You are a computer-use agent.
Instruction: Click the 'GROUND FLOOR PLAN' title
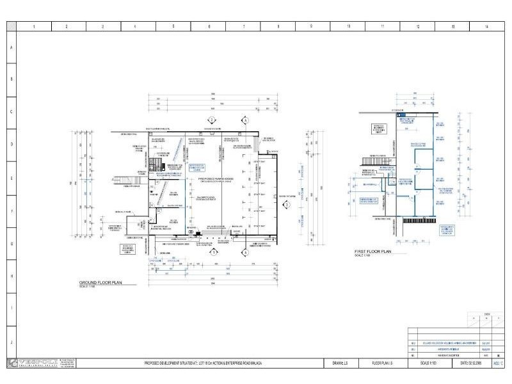(x=105, y=282)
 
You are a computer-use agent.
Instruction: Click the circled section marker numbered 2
(x=211, y=120)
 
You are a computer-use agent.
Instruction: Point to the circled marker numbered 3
(x=287, y=204)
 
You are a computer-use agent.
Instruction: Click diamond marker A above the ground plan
(x=244, y=120)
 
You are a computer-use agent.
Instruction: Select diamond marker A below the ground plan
(x=244, y=252)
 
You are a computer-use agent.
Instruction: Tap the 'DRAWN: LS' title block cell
(x=340, y=364)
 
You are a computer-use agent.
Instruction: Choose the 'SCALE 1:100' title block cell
(x=428, y=364)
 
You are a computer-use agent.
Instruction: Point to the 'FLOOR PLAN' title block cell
(x=387, y=364)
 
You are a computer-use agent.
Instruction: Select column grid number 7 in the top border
(x=244, y=27)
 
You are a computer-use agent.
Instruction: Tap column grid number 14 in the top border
(x=486, y=27)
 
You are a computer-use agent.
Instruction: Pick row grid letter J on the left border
(x=11, y=342)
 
